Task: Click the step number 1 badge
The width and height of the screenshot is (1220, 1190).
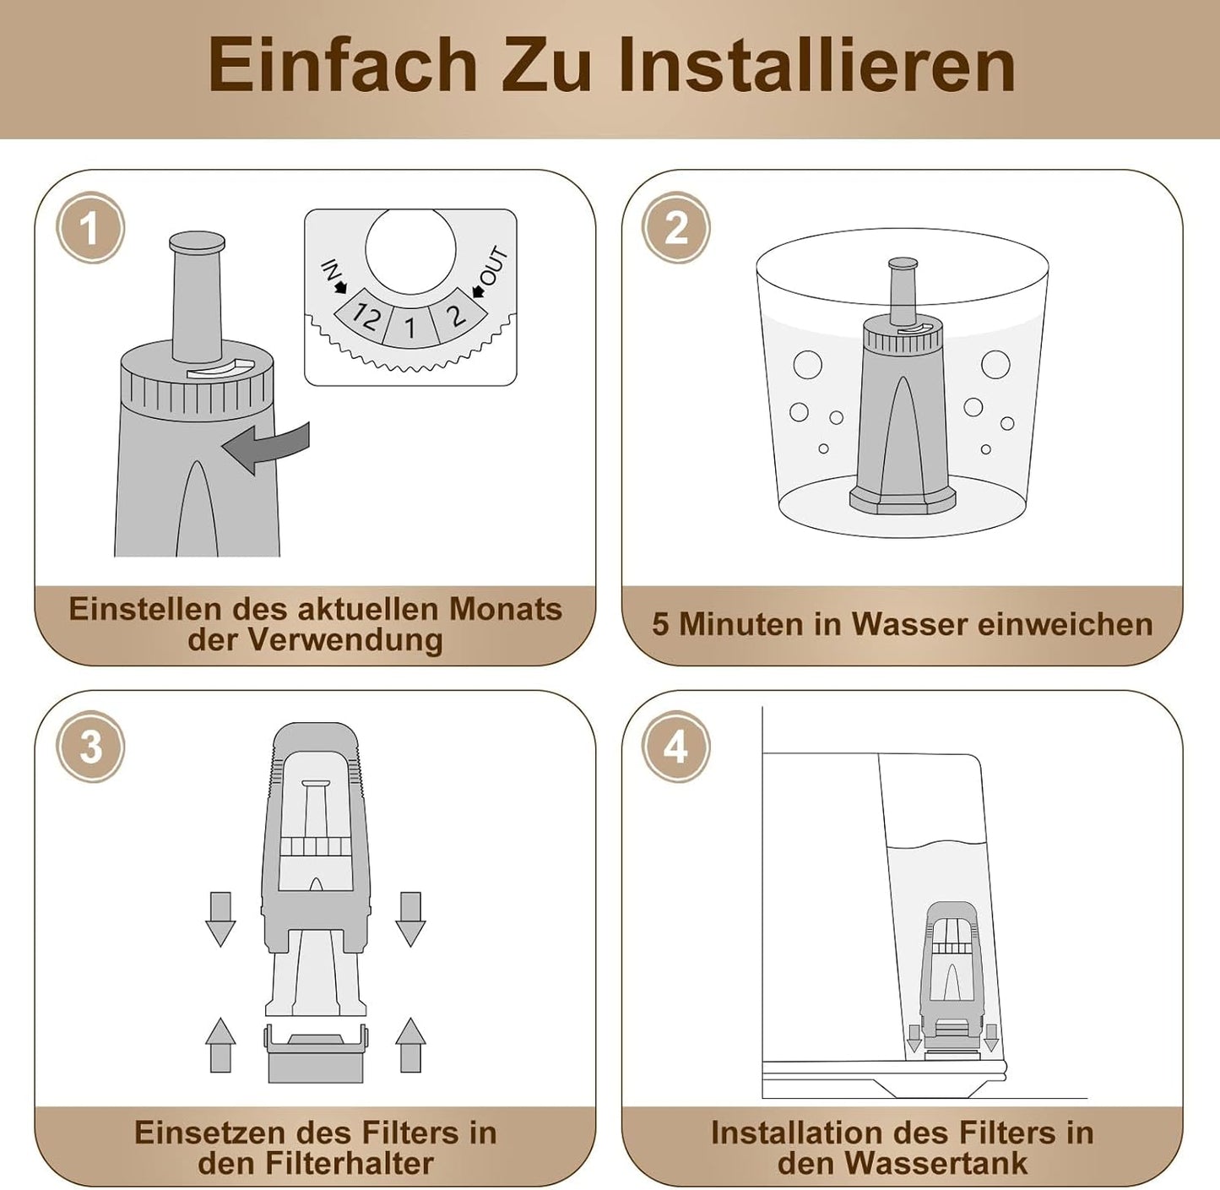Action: [90, 227]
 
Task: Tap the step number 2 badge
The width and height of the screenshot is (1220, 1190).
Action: [675, 227]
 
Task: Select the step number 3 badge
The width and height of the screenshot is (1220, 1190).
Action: [90, 746]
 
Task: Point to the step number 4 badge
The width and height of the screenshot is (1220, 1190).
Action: [675, 746]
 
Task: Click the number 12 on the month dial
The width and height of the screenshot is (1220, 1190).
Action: [364, 318]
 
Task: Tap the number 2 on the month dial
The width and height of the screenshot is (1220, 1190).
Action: [457, 315]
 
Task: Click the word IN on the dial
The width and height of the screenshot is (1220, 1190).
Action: [331, 271]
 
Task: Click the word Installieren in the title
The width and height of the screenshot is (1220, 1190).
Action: [817, 66]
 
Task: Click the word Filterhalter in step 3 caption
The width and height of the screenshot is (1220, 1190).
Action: [350, 1163]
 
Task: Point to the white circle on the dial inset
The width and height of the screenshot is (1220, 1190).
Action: [410, 252]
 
